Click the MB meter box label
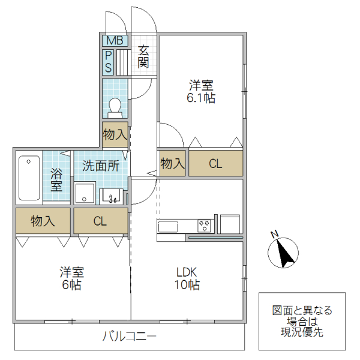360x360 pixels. click(114, 41)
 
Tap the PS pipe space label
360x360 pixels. click(108, 62)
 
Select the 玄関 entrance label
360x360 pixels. click(143, 57)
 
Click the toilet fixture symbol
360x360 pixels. click(115, 106)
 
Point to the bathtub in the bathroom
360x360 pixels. click(29, 178)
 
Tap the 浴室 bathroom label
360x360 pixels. click(57, 180)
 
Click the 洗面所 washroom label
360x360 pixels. click(100, 166)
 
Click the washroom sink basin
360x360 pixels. click(111, 196)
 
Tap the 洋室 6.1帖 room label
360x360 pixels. click(201, 92)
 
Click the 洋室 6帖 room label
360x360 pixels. click(71, 278)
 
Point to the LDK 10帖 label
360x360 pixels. click(187, 278)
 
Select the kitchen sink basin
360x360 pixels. click(168, 226)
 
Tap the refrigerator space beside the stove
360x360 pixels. click(230, 224)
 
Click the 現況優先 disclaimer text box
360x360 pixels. click(302, 321)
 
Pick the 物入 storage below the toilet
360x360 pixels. click(115, 134)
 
